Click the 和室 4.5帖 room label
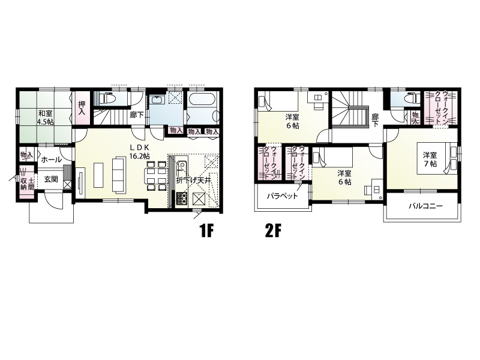pyautogui.click(x=46, y=117)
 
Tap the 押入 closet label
pyautogui.click(x=82, y=108)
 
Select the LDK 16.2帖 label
pyautogui.click(x=139, y=152)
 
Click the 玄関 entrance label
pyautogui.click(x=51, y=179)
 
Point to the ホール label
pyautogui.click(x=51, y=160)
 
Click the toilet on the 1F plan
pyautogui.click(x=108, y=98)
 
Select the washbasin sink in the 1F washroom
pyautogui.click(x=158, y=100)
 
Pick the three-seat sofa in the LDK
pyautogui.click(x=119, y=175)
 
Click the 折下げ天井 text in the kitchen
pyautogui.click(x=193, y=181)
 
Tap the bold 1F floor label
pyautogui.click(x=206, y=231)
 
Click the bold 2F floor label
pyautogui.click(x=273, y=231)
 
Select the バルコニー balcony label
pyautogui.click(x=426, y=206)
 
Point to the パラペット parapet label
pyautogui.click(x=282, y=196)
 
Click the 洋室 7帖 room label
pyautogui.click(x=430, y=159)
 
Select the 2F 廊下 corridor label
pyautogui.click(x=376, y=121)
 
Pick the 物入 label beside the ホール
pyautogui.click(x=26, y=155)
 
